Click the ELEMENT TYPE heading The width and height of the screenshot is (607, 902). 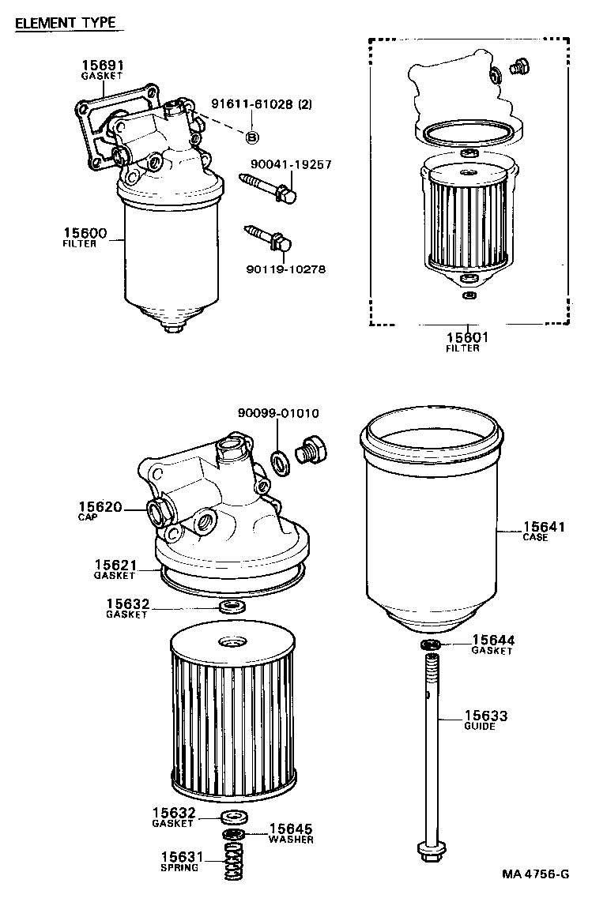click(66, 23)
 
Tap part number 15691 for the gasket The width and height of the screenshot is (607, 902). click(102, 66)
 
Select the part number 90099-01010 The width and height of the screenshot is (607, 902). click(278, 413)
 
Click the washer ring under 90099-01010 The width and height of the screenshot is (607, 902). click(279, 462)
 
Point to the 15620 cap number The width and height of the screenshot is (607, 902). click(100, 506)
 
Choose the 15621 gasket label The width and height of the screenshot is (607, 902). click(116, 565)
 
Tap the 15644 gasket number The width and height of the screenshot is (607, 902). click(493, 640)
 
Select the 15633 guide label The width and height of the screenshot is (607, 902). click(485, 716)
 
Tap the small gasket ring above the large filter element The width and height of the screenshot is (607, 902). click(232, 607)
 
